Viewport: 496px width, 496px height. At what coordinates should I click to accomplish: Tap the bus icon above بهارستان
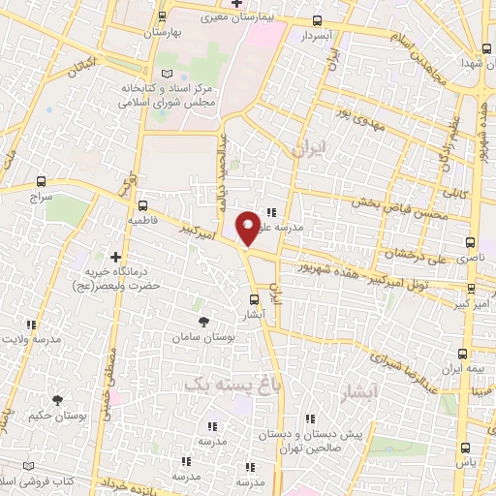coord(162,16)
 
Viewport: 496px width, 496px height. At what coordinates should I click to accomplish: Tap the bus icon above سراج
coord(41,180)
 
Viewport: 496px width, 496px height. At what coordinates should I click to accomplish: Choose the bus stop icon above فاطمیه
coord(143,205)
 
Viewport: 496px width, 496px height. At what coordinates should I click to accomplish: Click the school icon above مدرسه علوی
coord(271,212)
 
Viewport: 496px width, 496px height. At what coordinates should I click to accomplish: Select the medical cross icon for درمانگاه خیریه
coord(115,258)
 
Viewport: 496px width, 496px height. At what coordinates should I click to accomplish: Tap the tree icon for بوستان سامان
coord(202,320)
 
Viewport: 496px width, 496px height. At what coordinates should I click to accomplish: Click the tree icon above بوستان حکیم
coord(57,399)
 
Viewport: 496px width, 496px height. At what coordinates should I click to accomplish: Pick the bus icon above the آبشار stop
coord(253,299)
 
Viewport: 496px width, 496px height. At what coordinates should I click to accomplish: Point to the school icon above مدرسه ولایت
coord(31,325)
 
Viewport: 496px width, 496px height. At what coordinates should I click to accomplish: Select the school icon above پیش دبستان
coord(310,419)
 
